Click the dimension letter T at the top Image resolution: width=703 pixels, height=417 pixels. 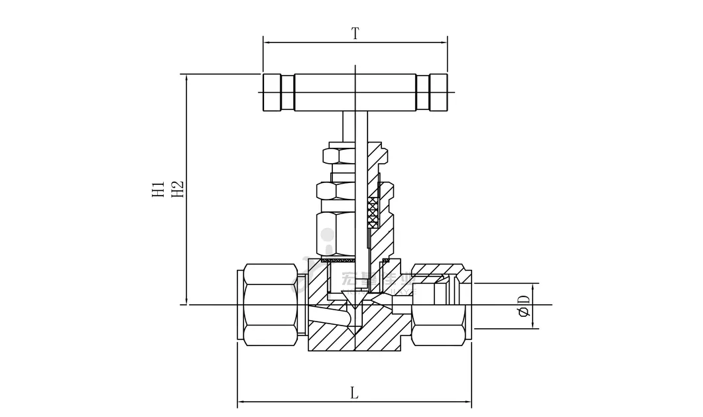click(x=355, y=33)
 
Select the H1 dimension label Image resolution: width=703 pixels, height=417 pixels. click(x=158, y=188)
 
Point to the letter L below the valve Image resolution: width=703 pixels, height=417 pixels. click(x=354, y=393)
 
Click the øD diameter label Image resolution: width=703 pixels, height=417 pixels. click(x=524, y=305)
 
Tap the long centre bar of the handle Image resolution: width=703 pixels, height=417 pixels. click(x=355, y=92)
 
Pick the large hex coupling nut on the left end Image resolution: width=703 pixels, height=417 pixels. click(x=270, y=304)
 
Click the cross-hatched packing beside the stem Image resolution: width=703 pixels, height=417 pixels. click(x=373, y=213)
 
